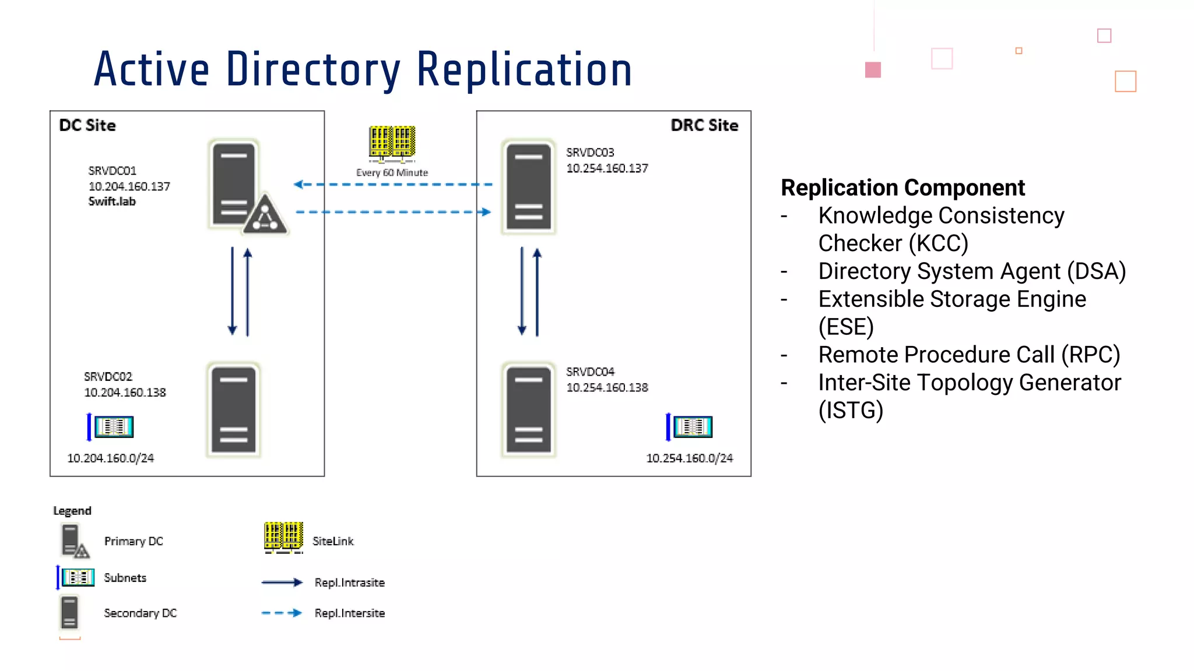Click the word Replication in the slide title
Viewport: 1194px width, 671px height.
tap(524, 70)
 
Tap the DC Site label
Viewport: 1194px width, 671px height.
tap(87, 125)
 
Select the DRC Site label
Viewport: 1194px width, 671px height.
tap(704, 125)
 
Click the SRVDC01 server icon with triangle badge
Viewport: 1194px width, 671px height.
tap(239, 186)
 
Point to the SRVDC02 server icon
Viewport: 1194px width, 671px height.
tap(234, 410)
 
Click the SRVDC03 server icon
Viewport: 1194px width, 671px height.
tap(528, 186)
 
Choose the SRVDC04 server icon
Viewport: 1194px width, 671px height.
tap(528, 410)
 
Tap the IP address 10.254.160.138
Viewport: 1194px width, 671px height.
tap(607, 387)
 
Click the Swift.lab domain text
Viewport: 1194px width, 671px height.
tap(112, 202)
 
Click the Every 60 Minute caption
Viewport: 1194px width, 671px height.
tap(392, 172)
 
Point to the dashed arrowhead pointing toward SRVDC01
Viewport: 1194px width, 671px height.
tap(298, 185)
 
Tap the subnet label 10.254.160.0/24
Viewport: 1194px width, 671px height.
tap(689, 458)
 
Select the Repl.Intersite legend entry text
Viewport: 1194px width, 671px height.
tap(349, 613)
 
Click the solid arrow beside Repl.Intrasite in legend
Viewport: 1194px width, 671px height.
tap(282, 582)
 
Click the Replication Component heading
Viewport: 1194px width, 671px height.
tap(902, 188)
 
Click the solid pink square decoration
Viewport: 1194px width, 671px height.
tap(873, 70)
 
